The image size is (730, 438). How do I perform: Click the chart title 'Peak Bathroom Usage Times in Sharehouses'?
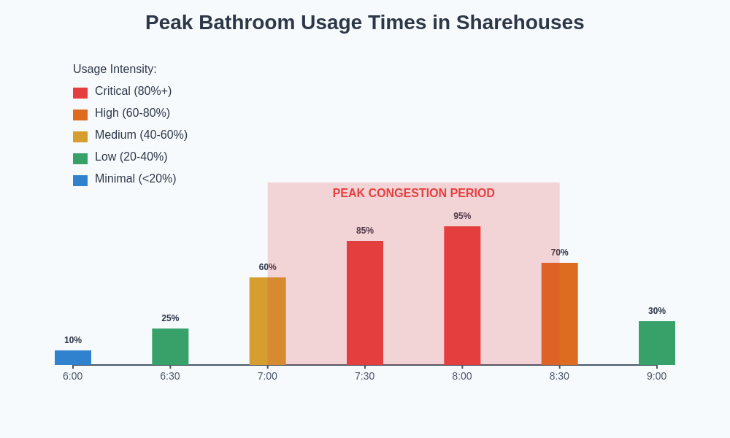364,23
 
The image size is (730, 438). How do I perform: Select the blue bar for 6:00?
73,358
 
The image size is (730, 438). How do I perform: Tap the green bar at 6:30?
170,347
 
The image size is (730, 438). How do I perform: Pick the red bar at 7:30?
365,303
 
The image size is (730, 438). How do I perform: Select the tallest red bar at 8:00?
462,296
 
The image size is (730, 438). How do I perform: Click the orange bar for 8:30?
559,314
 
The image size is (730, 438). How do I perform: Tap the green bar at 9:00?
657,343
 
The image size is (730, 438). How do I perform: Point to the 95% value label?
462,216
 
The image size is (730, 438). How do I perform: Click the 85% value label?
365,231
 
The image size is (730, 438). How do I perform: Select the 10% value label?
73,340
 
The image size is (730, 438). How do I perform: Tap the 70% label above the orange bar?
559,253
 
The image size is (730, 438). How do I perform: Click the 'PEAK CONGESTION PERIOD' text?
413,193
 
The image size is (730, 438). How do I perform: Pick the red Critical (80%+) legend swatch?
80,93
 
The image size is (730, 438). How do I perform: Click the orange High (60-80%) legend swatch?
80,115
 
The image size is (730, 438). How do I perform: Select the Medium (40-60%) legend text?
141,135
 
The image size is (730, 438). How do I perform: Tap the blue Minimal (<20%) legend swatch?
80,180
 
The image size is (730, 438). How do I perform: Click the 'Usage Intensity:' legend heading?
115,69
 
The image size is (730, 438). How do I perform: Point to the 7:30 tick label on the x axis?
365,376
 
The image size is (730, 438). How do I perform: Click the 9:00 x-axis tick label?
657,376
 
